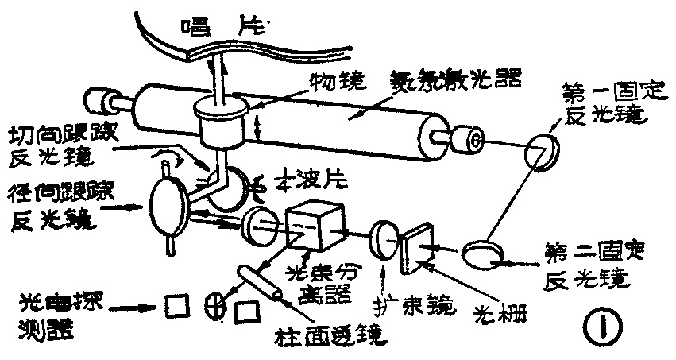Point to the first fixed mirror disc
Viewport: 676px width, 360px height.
pos(543,151)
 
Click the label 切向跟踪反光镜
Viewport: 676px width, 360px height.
pos(60,143)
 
